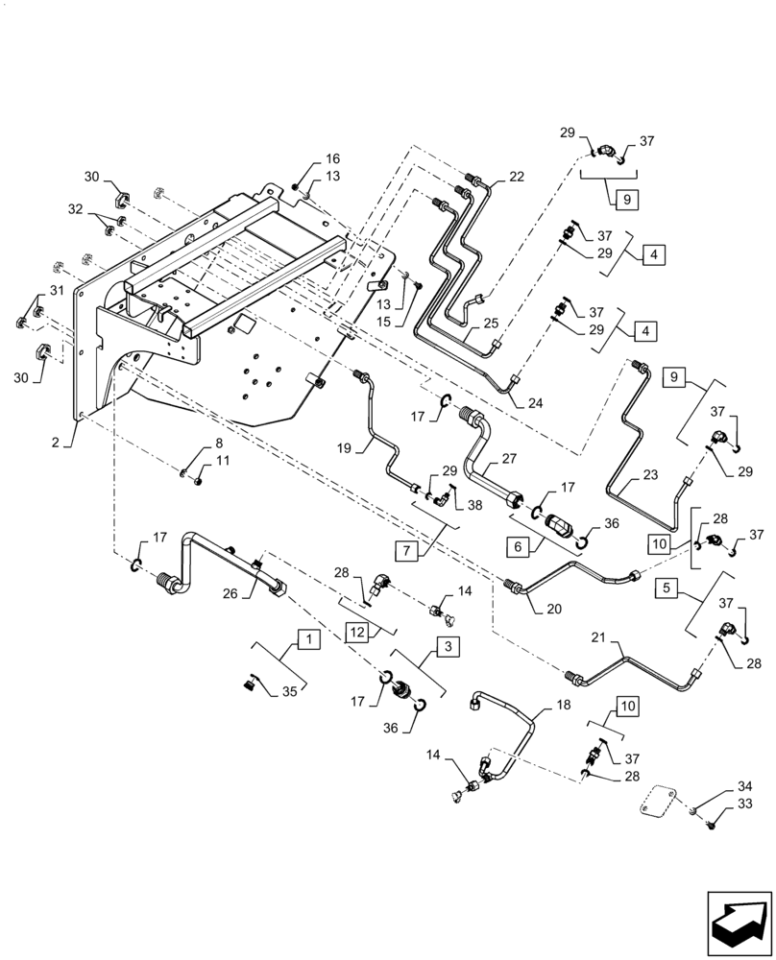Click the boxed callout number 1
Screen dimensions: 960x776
coord(305,637)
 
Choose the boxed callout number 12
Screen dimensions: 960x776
coord(357,632)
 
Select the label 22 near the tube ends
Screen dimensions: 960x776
coord(517,177)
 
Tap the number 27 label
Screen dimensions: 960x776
coord(508,459)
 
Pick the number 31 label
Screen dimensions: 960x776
coord(56,292)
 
